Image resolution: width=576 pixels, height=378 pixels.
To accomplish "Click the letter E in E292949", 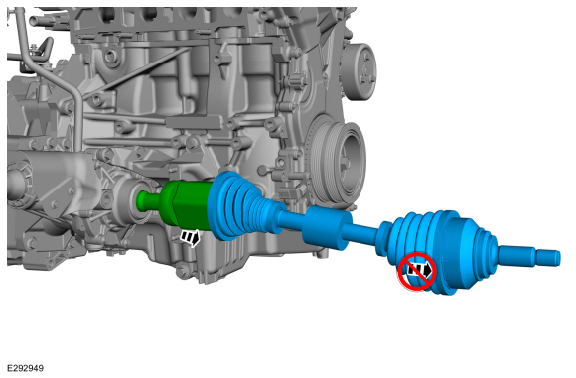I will click(8, 368).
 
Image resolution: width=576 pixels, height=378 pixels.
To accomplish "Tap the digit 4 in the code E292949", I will click(33, 368).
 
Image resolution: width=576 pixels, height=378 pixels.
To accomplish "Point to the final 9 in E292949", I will click(40, 368).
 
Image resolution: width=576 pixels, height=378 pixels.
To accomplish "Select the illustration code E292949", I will click(24, 368).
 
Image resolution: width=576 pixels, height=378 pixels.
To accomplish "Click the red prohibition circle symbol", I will click(417, 270).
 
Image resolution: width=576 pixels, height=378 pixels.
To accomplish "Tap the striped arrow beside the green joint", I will click(189, 238).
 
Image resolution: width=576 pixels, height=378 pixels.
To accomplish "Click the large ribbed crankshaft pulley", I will click(335, 159).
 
